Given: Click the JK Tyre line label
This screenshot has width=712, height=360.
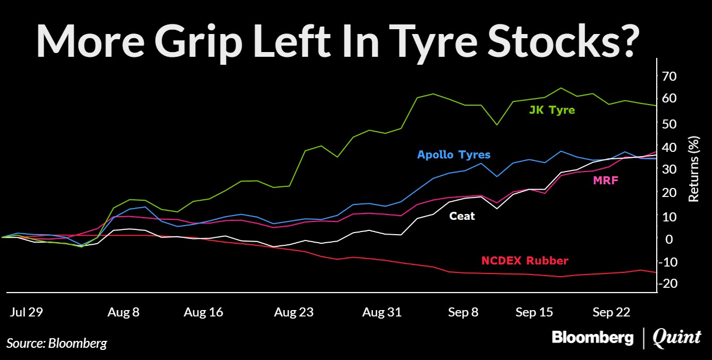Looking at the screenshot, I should coord(552,110).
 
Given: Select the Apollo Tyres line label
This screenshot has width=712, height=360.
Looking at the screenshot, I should coord(453,155).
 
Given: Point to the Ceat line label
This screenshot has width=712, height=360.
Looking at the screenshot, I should coord(462,216).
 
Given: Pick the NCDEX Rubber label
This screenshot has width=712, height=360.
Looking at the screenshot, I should coord(524,261).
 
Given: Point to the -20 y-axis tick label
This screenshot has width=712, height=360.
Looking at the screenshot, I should coord(668,284).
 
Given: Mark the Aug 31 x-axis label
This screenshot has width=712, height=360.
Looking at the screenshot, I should coord(381,312).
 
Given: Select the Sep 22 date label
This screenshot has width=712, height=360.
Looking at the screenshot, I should coord(611,312).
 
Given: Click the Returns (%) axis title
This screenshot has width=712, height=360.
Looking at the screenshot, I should coord(693,170).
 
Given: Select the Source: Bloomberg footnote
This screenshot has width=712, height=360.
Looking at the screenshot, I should coord(57,343).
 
